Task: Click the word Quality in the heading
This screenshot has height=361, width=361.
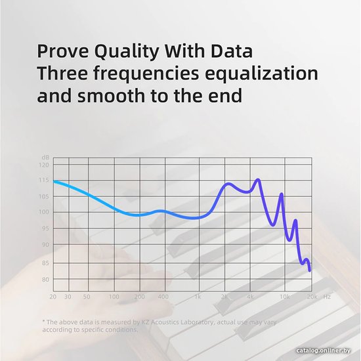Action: pyautogui.click(x=127, y=52)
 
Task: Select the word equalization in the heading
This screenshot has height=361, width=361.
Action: pyautogui.click(x=261, y=74)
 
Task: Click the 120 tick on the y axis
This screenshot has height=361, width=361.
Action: pyautogui.click(x=44, y=165)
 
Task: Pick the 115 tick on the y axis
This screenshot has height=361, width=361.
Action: pyautogui.click(x=44, y=180)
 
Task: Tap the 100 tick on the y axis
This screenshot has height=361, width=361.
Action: pyautogui.click(x=44, y=212)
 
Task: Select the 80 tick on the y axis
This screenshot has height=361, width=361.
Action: pyautogui.click(x=45, y=280)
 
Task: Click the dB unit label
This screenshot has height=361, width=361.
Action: pyautogui.click(x=45, y=158)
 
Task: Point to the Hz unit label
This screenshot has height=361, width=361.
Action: pyautogui.click(x=327, y=297)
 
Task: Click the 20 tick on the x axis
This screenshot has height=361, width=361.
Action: pyautogui.click(x=53, y=297)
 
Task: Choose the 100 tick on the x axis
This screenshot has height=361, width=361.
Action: pyautogui.click(x=114, y=297)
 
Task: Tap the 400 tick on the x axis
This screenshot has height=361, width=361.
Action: pyautogui.click(x=163, y=297)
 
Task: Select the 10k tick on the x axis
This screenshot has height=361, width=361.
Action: pyautogui.click(x=285, y=297)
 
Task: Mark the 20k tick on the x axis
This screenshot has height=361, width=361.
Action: pyautogui.click(x=312, y=297)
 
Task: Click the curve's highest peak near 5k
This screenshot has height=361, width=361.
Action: pyautogui.click(x=258, y=180)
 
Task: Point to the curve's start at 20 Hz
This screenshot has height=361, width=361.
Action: pyautogui.click(x=54, y=181)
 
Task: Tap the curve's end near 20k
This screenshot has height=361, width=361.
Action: pyautogui.click(x=309, y=270)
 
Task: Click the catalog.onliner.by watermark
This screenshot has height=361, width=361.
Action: pyautogui.click(x=323, y=350)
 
